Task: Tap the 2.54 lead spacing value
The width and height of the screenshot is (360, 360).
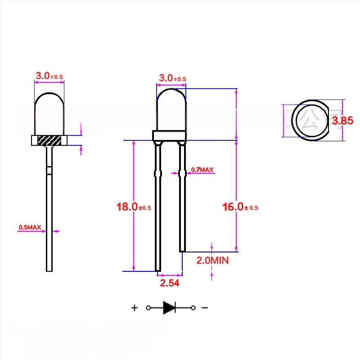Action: (x=170, y=283)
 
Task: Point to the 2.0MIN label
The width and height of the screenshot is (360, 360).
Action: (x=212, y=260)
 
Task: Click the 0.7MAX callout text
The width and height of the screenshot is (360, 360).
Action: (x=202, y=170)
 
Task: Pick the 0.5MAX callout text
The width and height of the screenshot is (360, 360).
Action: (x=30, y=227)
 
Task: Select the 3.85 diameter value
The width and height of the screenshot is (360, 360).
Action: (x=342, y=120)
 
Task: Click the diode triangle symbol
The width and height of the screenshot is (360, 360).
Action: (x=169, y=308)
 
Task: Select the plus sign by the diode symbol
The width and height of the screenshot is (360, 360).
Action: (x=134, y=308)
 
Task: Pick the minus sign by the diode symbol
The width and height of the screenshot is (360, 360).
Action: (x=204, y=308)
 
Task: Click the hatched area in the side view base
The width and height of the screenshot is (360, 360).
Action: (x=49, y=140)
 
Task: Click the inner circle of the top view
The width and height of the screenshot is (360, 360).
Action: (x=310, y=120)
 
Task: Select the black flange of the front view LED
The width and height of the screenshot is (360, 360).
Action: (x=170, y=136)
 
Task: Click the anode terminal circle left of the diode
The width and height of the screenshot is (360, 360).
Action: (x=148, y=308)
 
